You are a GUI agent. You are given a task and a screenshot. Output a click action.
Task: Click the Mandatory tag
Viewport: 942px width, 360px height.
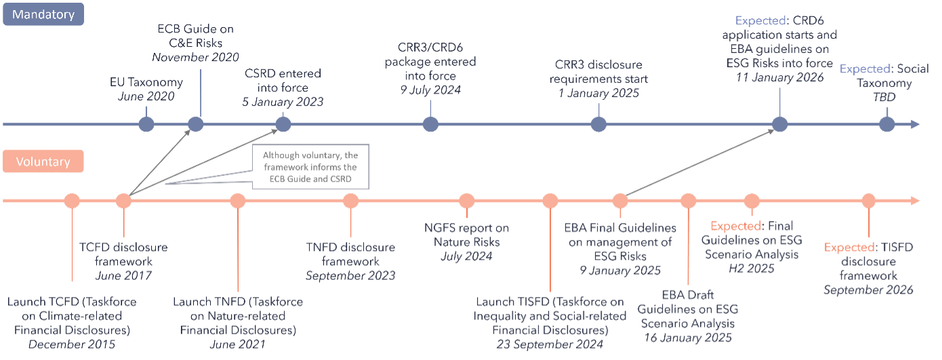[43, 14]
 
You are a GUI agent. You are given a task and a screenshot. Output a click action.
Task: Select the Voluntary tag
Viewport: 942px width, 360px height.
[43, 163]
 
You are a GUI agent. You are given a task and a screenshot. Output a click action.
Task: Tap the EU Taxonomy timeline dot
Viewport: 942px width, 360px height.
[146, 124]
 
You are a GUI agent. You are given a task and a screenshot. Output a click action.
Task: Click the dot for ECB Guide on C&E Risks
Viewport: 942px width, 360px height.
[195, 124]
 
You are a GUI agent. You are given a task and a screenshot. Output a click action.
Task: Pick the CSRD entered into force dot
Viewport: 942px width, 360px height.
[283, 124]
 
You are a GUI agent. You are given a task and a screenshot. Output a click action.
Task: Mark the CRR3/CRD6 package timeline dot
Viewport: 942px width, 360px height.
[430, 124]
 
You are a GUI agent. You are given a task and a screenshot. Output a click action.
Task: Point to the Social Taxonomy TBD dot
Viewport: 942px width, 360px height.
[886, 124]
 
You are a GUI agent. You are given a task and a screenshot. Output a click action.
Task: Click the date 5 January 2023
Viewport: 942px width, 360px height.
[283, 102]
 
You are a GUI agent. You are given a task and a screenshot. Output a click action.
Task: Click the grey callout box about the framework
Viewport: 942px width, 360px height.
[310, 166]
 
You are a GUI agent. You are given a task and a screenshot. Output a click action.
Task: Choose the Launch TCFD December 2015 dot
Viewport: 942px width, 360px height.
[72, 201]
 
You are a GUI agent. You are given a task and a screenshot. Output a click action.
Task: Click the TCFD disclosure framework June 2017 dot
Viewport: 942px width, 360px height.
[123, 201]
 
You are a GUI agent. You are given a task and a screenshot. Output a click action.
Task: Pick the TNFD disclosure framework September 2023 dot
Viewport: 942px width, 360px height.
[350, 201]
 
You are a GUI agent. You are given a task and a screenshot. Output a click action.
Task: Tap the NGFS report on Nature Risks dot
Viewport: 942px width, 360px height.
[466, 201]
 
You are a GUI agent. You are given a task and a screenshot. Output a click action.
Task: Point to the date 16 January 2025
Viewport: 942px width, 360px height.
[689, 337]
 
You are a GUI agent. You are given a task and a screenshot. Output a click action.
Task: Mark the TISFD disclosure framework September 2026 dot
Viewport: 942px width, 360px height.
[869, 201]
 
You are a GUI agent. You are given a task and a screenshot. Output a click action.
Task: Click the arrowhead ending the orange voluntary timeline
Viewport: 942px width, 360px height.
[915, 201]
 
